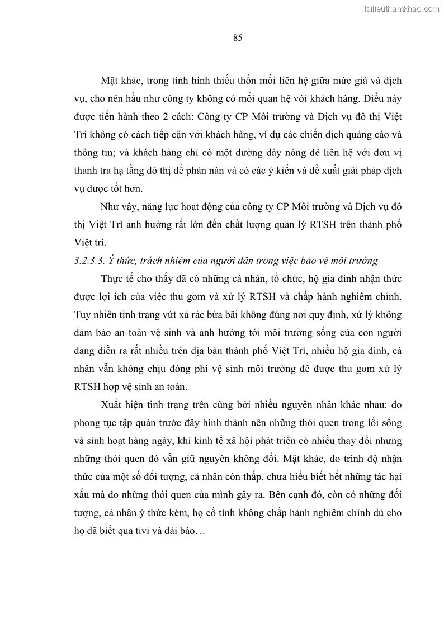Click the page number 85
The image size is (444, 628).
pos(237,38)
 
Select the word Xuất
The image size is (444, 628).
pos(114,404)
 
